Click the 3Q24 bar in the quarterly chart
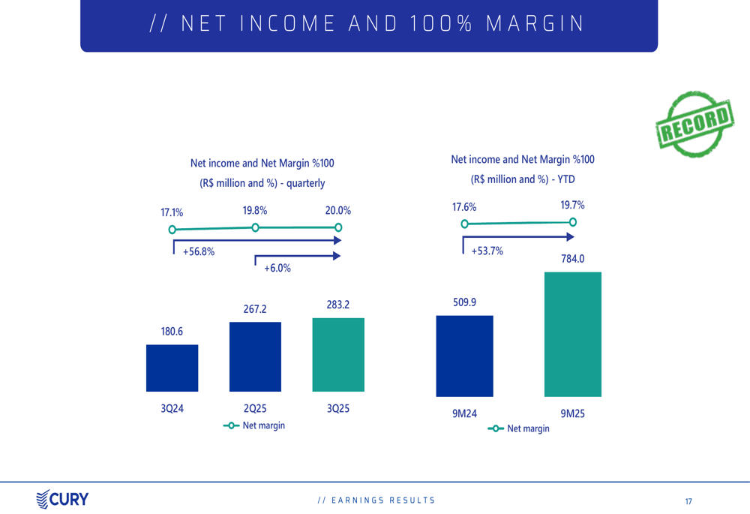172,368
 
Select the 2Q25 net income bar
255,356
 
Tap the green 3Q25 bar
338,354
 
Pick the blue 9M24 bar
464,356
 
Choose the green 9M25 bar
573,334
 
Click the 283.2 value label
338,305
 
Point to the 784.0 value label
572,259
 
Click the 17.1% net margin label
172,213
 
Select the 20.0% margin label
338,212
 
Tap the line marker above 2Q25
255,227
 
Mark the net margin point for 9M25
573,221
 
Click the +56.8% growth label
199,252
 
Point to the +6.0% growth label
277,268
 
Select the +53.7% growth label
487,251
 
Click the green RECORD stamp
694,125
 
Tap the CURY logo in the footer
62,498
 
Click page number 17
688,500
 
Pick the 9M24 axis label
464,413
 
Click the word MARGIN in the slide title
535,24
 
